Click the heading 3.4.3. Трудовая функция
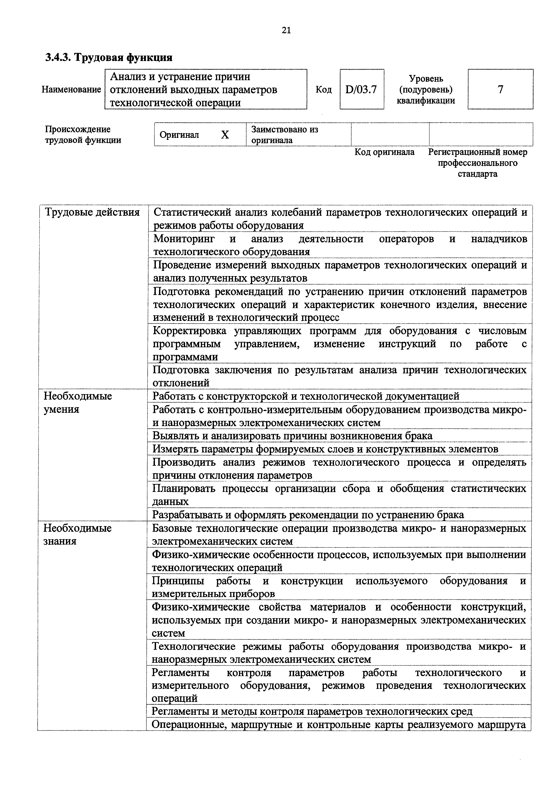pyautogui.click(x=109, y=57)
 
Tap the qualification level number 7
pyautogui.click(x=500, y=89)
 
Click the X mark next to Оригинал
pyautogui.click(x=225, y=135)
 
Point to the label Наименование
pyautogui.click(x=71, y=89)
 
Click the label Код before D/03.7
pyautogui.click(x=323, y=89)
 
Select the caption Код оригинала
pyautogui.click(x=384, y=152)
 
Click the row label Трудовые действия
pyautogui.click(x=92, y=213)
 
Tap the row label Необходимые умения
pyautogui.click(x=78, y=403)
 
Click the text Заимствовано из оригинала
pyautogui.click(x=285, y=135)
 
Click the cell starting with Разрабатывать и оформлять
pyautogui.click(x=308, y=515)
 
